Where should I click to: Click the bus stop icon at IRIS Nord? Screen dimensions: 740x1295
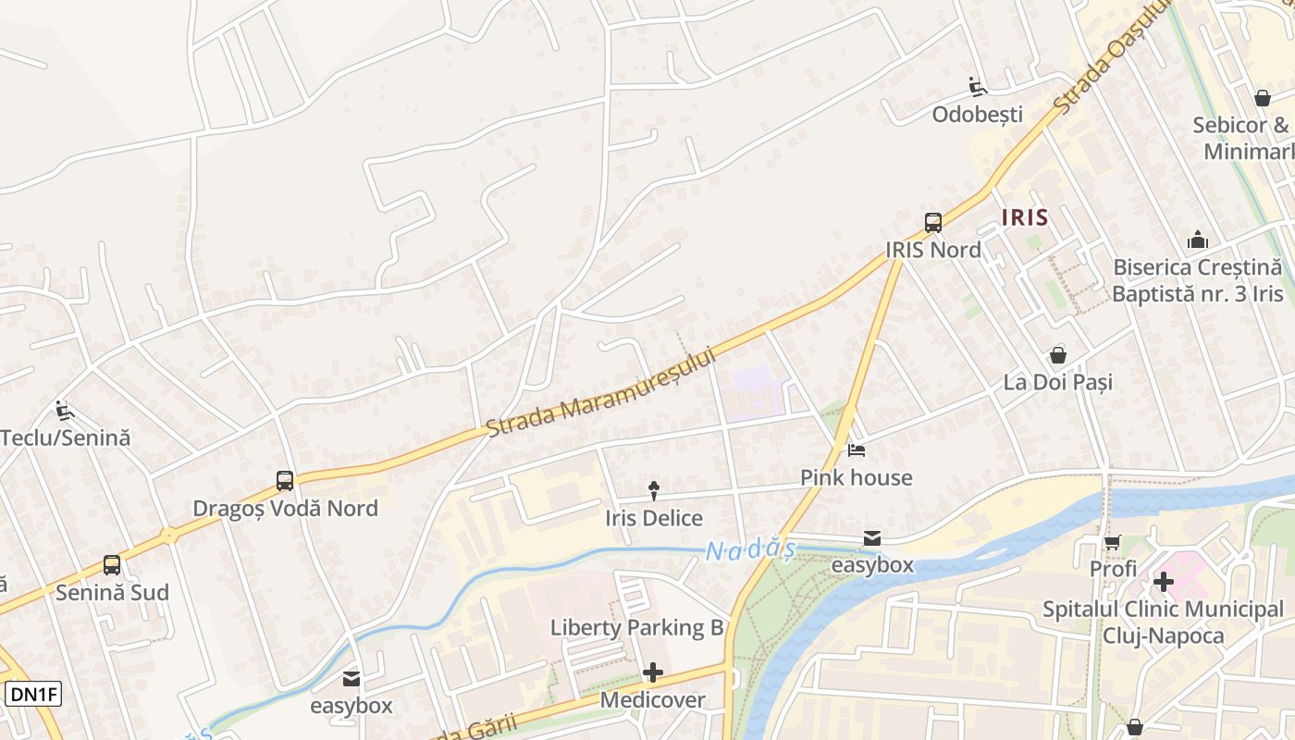point(932,223)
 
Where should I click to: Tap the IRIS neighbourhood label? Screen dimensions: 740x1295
point(1025,217)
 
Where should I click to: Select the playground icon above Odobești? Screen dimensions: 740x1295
point(977,87)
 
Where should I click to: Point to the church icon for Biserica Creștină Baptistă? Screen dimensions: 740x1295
point(1198,240)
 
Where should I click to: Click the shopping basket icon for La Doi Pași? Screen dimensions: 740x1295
point(1057,355)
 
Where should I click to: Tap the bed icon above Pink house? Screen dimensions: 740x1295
point(857,450)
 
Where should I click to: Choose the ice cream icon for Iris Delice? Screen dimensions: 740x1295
point(654,491)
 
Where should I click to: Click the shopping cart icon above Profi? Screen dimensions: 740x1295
point(1112,542)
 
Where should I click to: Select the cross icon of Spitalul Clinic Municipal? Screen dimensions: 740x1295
point(1163,582)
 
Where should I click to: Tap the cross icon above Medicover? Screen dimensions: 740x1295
point(653,672)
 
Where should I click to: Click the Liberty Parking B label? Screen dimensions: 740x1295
point(636,628)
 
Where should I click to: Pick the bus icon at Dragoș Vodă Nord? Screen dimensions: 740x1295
point(285,481)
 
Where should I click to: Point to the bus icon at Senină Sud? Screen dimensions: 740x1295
point(112,565)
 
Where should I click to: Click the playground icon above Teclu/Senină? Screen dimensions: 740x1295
point(64,410)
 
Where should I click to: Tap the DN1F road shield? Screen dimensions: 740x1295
point(33,694)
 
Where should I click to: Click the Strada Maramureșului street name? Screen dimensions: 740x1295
point(602,392)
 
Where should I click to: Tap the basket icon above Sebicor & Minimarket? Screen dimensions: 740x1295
point(1262,98)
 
